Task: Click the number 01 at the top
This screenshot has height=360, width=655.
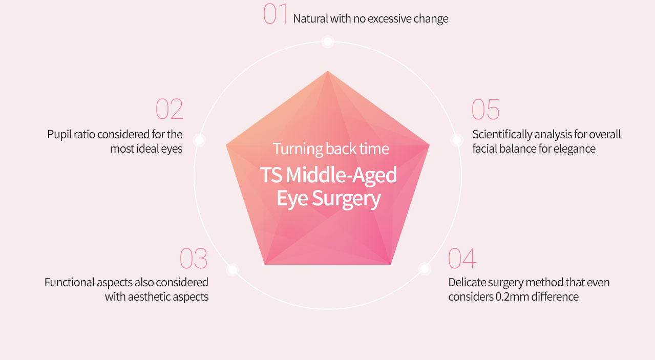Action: (x=275, y=14)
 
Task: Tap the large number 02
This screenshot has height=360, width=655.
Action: (x=170, y=109)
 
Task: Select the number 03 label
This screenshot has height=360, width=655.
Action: (x=193, y=258)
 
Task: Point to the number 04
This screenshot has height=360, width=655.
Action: (x=462, y=258)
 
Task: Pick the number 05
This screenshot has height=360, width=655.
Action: (x=485, y=109)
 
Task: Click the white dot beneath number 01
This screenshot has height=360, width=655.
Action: (x=328, y=41)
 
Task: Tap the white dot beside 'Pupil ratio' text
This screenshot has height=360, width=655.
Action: (x=199, y=140)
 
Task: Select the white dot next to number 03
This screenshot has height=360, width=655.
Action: (x=233, y=269)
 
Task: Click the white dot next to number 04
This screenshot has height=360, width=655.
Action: (x=425, y=268)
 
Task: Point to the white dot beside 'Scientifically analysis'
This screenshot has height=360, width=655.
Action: (x=456, y=140)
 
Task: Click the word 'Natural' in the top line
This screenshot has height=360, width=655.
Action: (x=310, y=19)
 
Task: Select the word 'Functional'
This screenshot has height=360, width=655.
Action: (x=70, y=283)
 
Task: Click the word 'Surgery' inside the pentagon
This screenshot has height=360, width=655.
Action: (x=346, y=199)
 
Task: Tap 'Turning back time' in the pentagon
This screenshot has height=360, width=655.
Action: (x=331, y=149)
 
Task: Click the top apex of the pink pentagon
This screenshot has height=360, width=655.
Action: (x=328, y=71)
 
